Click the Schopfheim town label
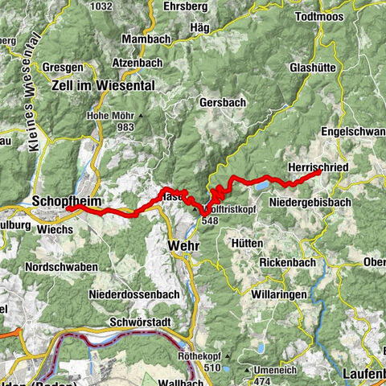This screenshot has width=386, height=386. pyautogui.click(x=65, y=198)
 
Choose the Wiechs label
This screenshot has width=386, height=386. pyautogui.click(x=55, y=228)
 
